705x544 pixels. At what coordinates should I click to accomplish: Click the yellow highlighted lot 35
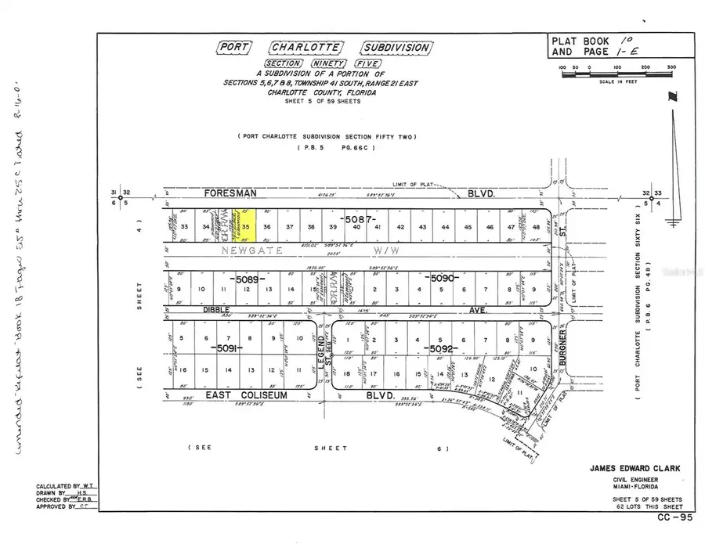tap(246, 225)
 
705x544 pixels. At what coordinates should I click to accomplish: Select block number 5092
tap(436, 348)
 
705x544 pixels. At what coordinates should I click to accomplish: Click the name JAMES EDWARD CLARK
tap(634, 468)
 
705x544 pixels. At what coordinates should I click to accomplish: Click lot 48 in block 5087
tap(536, 227)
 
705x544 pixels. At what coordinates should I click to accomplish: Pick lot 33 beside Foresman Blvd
tap(184, 227)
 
